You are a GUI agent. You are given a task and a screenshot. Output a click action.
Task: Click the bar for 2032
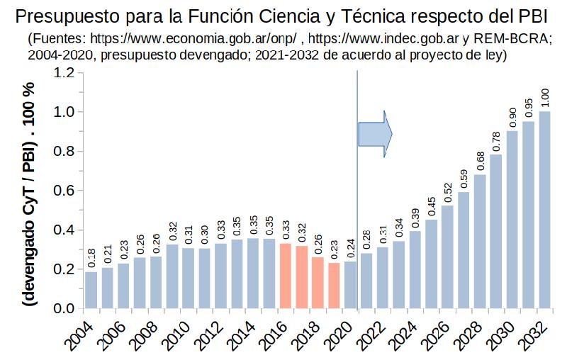(x=544, y=210)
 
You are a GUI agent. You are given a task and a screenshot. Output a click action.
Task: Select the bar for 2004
(x=91, y=290)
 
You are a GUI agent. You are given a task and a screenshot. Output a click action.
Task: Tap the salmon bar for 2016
(x=285, y=276)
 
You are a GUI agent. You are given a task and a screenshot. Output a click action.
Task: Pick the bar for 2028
(x=480, y=241)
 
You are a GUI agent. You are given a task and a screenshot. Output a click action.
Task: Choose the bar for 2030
(x=512, y=220)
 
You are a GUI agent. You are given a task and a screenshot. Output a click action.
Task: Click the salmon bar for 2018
(x=318, y=283)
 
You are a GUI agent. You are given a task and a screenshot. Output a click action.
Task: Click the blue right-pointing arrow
(x=374, y=133)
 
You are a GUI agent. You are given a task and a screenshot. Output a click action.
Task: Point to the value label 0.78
(x=496, y=139)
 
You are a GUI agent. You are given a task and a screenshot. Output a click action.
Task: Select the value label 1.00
(x=544, y=97)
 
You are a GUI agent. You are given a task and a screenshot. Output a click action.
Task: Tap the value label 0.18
(x=91, y=259)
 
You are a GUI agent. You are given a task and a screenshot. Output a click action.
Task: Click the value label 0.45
(x=432, y=205)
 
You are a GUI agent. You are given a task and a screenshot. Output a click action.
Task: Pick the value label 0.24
(x=350, y=247)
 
